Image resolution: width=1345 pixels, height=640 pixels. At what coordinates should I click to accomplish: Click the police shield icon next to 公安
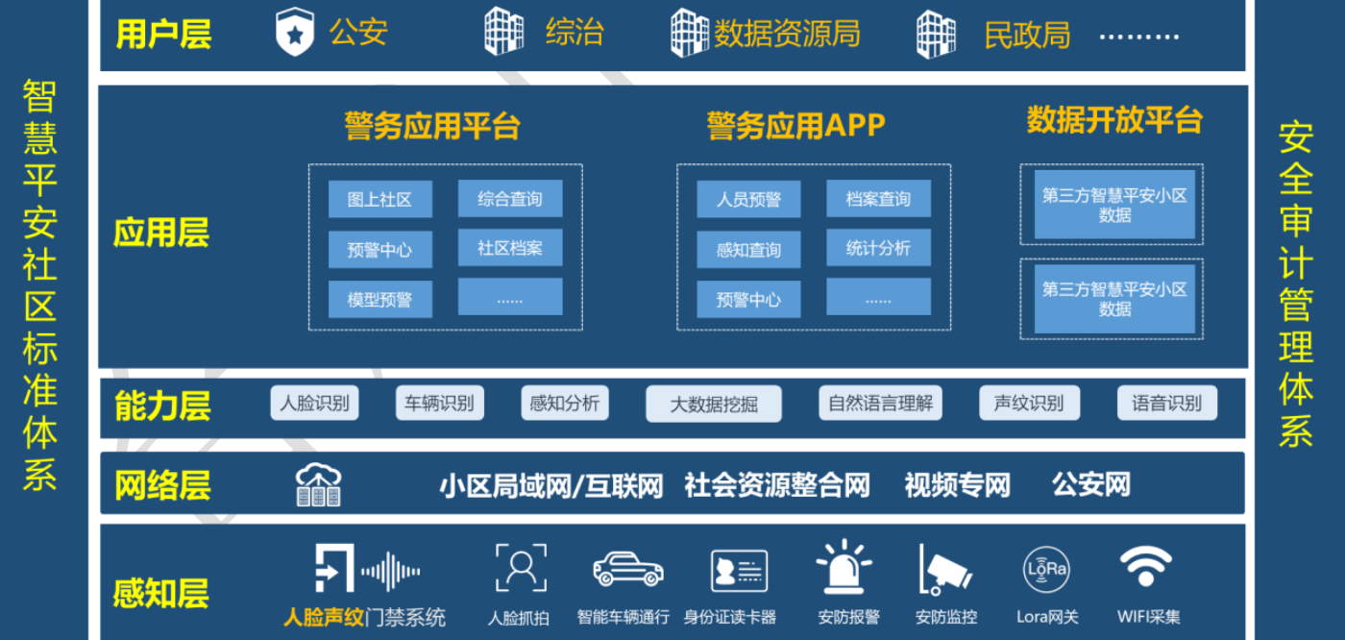point(294,32)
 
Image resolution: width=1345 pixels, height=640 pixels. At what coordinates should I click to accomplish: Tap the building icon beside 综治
point(503,31)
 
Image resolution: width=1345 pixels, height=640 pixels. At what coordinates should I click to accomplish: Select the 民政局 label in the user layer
point(1027,35)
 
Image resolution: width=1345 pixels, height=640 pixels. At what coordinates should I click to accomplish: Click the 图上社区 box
point(380,199)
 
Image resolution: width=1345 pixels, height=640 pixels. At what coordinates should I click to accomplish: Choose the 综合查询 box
point(510,198)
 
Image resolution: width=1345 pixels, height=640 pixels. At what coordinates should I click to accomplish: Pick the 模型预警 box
point(380,299)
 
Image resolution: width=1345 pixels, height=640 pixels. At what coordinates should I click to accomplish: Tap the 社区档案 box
point(510,247)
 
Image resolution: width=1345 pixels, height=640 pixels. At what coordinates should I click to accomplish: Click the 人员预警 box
point(748,199)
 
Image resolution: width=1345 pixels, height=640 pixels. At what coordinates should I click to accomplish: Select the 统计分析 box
point(878,247)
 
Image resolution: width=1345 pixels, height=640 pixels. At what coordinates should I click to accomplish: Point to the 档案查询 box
point(878,198)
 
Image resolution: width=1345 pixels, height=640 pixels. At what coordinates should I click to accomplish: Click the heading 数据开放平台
point(1114,120)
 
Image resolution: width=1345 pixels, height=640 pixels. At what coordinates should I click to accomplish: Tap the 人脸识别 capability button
point(315,403)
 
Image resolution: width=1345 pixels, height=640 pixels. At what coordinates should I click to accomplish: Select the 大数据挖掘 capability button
point(714,404)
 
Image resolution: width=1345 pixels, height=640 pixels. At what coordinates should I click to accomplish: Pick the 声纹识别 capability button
point(1029,403)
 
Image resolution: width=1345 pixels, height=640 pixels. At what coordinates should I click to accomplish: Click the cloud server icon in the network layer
point(318,484)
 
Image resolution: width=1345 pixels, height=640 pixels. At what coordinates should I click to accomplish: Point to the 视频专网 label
point(958,485)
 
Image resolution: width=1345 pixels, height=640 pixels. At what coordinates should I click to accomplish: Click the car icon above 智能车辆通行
point(628,569)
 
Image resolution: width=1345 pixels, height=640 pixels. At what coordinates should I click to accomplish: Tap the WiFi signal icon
point(1145,566)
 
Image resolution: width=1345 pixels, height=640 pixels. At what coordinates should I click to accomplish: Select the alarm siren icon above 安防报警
point(844,567)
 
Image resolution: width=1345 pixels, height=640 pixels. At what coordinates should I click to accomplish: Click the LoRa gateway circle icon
point(1046,569)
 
